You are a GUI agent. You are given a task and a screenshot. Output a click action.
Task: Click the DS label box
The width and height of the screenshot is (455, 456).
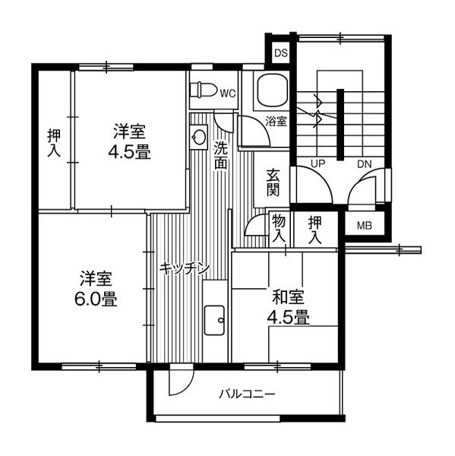pyautogui.click(x=280, y=53)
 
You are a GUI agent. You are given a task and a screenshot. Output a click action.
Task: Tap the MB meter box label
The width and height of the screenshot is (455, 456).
pyautogui.click(x=365, y=225)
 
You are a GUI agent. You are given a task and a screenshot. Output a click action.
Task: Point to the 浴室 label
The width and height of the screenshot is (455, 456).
pyautogui.click(x=276, y=121)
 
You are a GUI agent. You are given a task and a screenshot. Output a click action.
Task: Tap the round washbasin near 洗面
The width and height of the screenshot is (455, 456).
pyautogui.click(x=199, y=137)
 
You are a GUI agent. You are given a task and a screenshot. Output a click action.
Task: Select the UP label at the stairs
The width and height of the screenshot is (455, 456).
pyautogui.click(x=317, y=163)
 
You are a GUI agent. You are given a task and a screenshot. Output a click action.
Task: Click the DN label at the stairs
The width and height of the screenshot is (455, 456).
pyautogui.click(x=363, y=163)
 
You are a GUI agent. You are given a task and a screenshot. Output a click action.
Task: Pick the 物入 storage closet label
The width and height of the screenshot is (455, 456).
pyautogui.click(x=278, y=228)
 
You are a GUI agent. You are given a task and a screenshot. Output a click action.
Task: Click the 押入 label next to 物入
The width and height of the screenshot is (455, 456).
pyautogui.click(x=315, y=228)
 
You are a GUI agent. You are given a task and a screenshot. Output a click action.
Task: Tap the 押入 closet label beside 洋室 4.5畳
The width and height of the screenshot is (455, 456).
pyautogui.click(x=53, y=143)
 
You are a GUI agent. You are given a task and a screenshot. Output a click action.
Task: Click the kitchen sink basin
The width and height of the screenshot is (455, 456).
pyautogui.click(x=214, y=320)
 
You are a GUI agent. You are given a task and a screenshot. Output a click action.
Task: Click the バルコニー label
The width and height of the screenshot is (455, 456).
pyautogui.click(x=248, y=394)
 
